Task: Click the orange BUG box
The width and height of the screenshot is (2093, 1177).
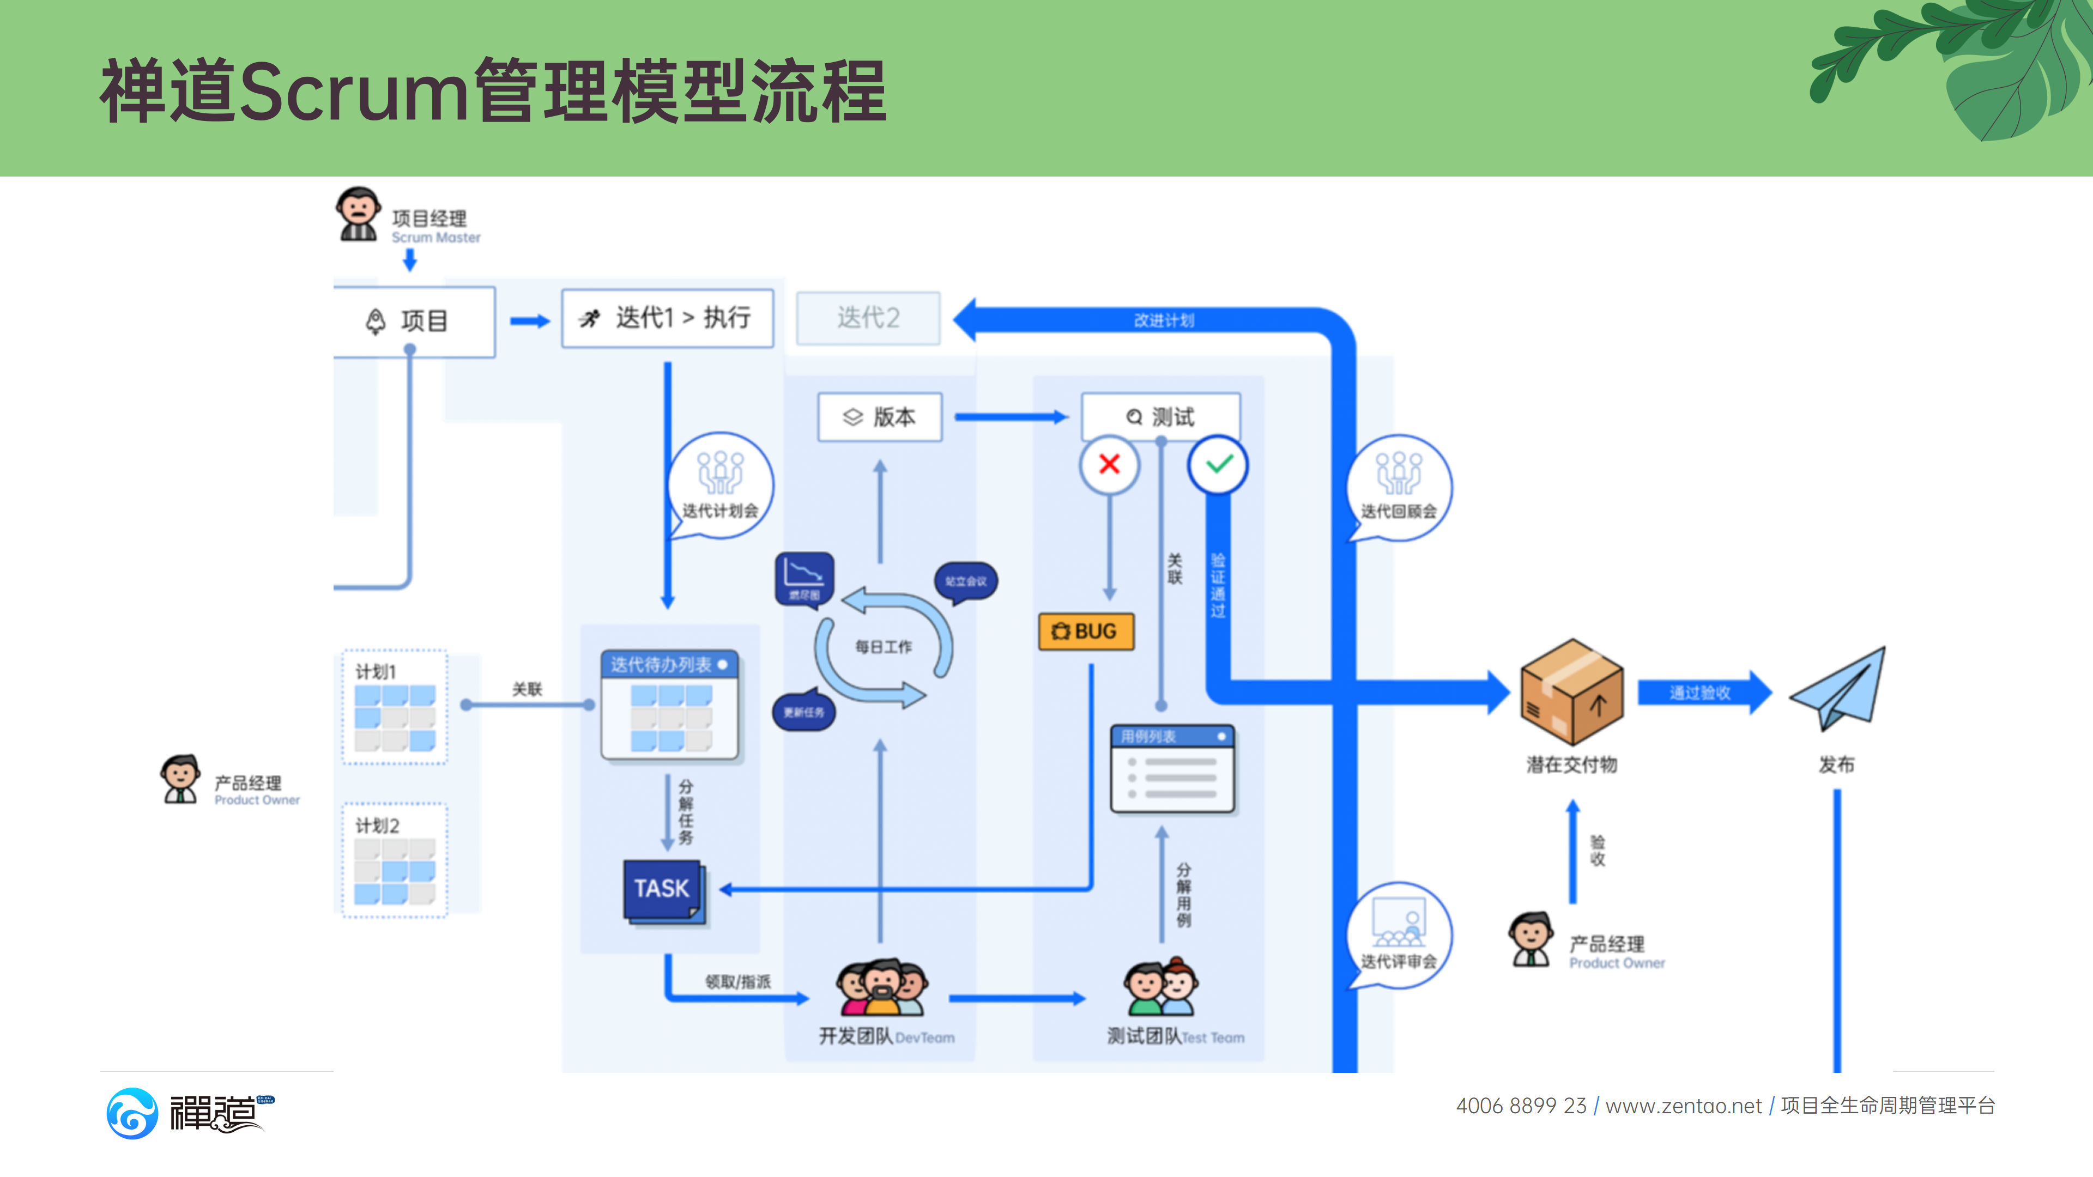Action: (x=1086, y=631)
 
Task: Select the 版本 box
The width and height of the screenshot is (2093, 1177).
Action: (x=880, y=417)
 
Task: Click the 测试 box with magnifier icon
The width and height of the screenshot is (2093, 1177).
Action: (x=1160, y=417)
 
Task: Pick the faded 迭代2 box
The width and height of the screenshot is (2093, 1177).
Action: (x=868, y=318)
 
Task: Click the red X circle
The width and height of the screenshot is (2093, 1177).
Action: (x=1109, y=465)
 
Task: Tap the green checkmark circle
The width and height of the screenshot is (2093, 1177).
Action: (x=1218, y=465)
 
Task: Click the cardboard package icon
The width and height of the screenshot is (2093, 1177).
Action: (x=1571, y=692)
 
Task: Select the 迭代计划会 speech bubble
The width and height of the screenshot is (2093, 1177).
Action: (x=720, y=486)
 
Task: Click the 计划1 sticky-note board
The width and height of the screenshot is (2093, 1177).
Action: (x=395, y=707)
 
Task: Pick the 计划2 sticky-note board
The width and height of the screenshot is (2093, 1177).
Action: (x=395, y=861)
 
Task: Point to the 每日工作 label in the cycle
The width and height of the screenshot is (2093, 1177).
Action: (x=883, y=647)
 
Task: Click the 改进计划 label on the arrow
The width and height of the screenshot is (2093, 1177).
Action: (x=1164, y=320)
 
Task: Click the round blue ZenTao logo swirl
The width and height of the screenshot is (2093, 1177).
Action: (x=131, y=1113)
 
